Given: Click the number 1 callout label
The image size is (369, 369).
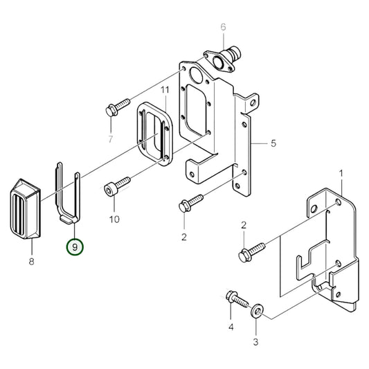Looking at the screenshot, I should pos(341,172).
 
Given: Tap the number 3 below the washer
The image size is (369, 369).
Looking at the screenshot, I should pos(255,342).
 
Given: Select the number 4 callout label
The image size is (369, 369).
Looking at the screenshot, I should pos(231,327).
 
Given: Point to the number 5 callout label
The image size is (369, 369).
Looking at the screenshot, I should pos(273,143).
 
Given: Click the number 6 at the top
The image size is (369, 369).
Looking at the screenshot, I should pos(223,27).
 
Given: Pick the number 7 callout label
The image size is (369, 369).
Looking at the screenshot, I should pos(109,139).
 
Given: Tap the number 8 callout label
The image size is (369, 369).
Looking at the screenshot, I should pos(31,262).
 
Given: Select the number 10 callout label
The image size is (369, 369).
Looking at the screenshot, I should pos(114,219).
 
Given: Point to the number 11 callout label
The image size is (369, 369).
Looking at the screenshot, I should pos(165,91).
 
